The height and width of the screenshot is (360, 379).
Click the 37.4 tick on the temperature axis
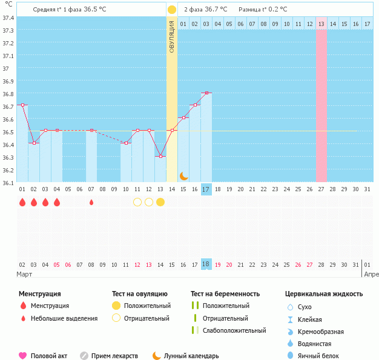click(x=8, y=18)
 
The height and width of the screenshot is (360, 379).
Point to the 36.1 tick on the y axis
click(x=8, y=182)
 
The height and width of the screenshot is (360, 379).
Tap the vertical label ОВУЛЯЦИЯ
click(x=172, y=36)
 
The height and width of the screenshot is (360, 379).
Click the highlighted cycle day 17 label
click(x=206, y=189)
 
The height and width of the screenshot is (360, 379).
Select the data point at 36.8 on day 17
click(x=206, y=93)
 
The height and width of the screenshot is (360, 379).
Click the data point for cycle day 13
click(x=160, y=156)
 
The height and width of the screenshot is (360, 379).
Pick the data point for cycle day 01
click(x=22, y=105)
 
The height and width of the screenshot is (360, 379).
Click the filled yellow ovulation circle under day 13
click(x=160, y=202)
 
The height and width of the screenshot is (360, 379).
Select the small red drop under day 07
click(x=91, y=202)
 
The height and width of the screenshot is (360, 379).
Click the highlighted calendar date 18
click(x=206, y=264)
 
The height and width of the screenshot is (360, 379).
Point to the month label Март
click(x=25, y=274)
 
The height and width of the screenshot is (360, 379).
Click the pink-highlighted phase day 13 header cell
click(x=321, y=24)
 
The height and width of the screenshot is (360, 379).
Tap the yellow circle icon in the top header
click(x=172, y=10)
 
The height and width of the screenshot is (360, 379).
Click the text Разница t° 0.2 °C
click(x=263, y=10)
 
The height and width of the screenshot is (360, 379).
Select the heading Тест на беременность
click(x=225, y=294)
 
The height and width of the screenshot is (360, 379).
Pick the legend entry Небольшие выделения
click(x=64, y=318)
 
